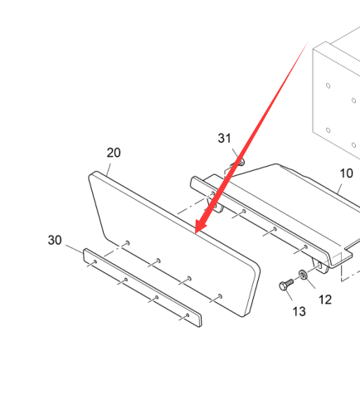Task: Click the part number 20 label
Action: pos(114,153)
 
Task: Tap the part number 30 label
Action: pos(55,240)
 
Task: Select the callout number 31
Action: pos(224,138)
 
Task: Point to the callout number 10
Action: pos(346,173)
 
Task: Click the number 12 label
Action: pos(325,300)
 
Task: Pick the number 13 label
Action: pos(299,311)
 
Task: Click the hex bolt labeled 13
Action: pos(286,285)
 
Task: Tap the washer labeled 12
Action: pos(303,275)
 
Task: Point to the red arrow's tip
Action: pos(196,233)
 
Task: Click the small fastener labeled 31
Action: pos(241,163)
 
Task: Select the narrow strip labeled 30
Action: pos(143,288)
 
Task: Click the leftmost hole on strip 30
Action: pos(95,261)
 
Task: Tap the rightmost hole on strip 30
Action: pos(187,315)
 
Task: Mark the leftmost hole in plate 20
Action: pos(128,243)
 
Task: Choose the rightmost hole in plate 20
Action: pos(220,296)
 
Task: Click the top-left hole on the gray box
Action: pos(328,85)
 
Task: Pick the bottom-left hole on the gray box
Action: pos(328,130)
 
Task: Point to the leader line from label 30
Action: pos(75,249)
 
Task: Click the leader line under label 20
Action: pos(109,169)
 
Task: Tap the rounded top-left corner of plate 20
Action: pos(92,174)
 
